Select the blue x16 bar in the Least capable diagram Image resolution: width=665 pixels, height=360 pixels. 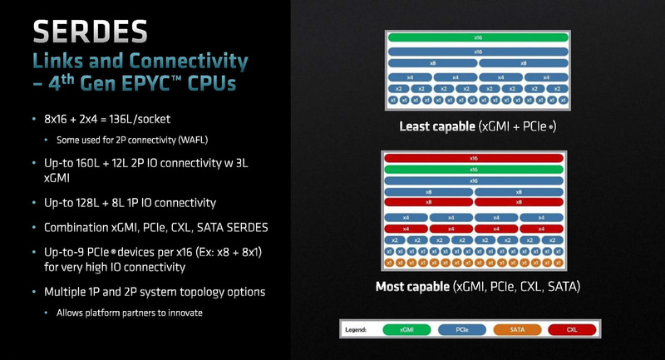pos(476,51)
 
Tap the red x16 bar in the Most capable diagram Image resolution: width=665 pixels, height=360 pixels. pos(474,158)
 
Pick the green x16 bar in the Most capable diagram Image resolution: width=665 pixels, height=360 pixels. pos(474,169)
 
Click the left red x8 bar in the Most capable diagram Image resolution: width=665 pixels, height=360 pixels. pos(428,202)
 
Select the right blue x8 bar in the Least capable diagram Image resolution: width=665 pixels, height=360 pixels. pos(523,63)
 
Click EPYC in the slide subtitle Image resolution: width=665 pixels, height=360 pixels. pos(155,85)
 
